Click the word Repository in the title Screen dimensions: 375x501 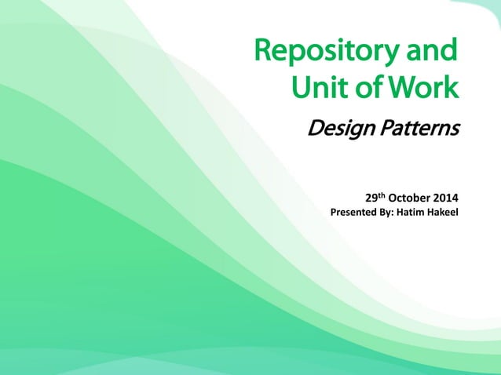tap(328, 53)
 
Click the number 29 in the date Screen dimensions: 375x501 tap(372, 196)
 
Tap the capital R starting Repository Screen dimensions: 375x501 tap(265, 52)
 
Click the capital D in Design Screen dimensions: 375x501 tap(315, 128)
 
